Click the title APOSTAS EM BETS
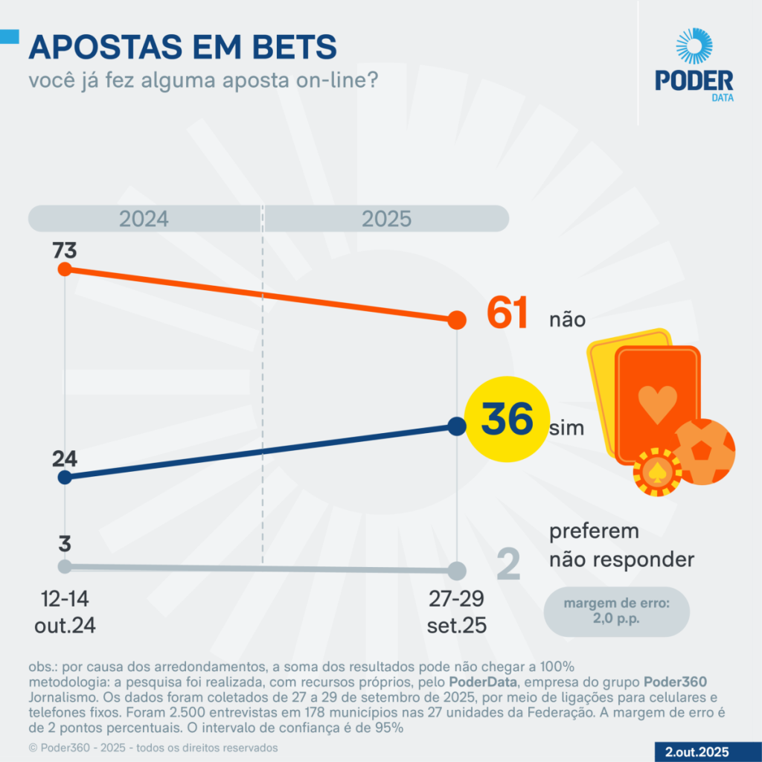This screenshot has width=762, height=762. pos(182,48)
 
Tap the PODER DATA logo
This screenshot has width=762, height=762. pos(694,65)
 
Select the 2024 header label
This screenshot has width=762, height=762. pos(144,219)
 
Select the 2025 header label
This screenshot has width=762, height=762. pos(386,219)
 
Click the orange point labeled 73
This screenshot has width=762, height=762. pos(65,269)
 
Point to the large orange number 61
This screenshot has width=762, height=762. pos(508,313)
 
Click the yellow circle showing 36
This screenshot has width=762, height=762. pos(507,420)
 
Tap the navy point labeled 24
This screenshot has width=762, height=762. pos(65,477)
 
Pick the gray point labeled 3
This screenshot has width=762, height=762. pos(65,566)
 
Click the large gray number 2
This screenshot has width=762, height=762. pos(508,565)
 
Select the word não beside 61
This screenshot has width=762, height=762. pos(567,320)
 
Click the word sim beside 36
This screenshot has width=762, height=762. pos(566,429)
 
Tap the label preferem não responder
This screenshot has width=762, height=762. pos(621,545)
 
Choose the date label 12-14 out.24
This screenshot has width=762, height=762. pos(65,612)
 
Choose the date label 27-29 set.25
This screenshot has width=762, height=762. pos(457,612)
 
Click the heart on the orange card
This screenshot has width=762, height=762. pos(657,403)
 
